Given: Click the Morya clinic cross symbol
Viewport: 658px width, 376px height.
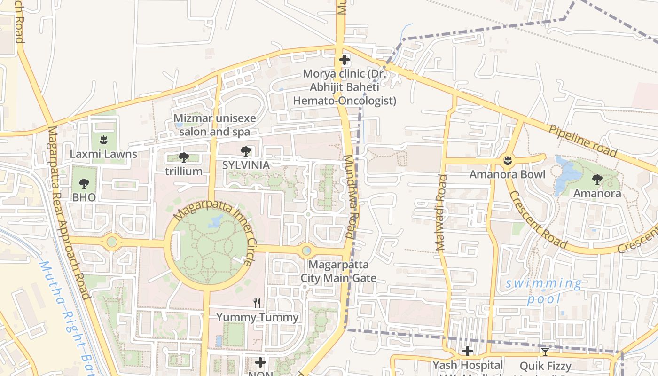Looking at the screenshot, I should click(x=345, y=60).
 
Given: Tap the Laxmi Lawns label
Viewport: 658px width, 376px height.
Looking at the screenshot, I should click(x=103, y=154).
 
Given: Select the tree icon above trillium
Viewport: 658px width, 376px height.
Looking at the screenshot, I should click(x=183, y=157).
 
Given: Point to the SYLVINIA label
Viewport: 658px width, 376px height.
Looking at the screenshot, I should click(x=246, y=165).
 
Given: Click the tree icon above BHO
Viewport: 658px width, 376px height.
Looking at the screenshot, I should click(x=84, y=183).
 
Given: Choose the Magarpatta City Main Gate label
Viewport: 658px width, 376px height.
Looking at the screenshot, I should click(x=338, y=271).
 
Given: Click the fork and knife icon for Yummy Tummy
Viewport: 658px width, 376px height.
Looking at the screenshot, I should click(x=257, y=303).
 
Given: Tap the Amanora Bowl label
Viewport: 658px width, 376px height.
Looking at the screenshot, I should click(x=508, y=175).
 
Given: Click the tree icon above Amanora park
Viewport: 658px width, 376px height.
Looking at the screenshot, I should click(x=597, y=179).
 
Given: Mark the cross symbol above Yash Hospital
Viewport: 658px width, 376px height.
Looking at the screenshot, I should click(x=467, y=351).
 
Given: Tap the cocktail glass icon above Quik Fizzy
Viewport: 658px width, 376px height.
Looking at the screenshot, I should click(x=545, y=352).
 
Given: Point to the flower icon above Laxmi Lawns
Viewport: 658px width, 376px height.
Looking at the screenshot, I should click(x=103, y=139).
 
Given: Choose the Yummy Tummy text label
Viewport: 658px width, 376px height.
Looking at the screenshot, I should click(x=257, y=317).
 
